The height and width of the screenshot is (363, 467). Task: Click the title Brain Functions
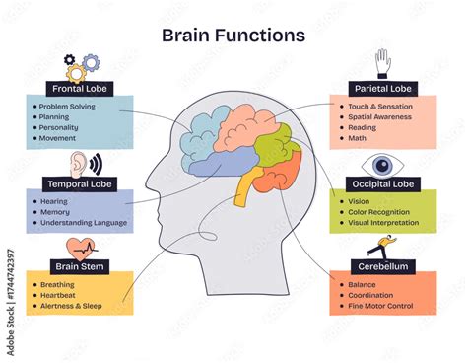[x=233, y=36]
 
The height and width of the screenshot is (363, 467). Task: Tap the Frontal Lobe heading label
[x=80, y=88]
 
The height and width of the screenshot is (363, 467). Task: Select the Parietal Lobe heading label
[x=384, y=88]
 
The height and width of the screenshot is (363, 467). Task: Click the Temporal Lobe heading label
[x=81, y=183]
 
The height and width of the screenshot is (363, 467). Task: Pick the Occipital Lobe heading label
[x=384, y=184]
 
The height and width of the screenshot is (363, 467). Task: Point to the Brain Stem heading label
[x=81, y=265]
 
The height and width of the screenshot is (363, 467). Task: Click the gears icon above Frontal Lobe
[x=83, y=66]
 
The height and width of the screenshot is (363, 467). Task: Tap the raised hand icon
[x=382, y=62]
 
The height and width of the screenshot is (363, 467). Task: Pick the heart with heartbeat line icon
[x=81, y=247]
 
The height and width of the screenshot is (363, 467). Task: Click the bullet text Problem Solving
[x=68, y=107]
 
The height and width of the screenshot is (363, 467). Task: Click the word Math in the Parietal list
[x=356, y=137]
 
